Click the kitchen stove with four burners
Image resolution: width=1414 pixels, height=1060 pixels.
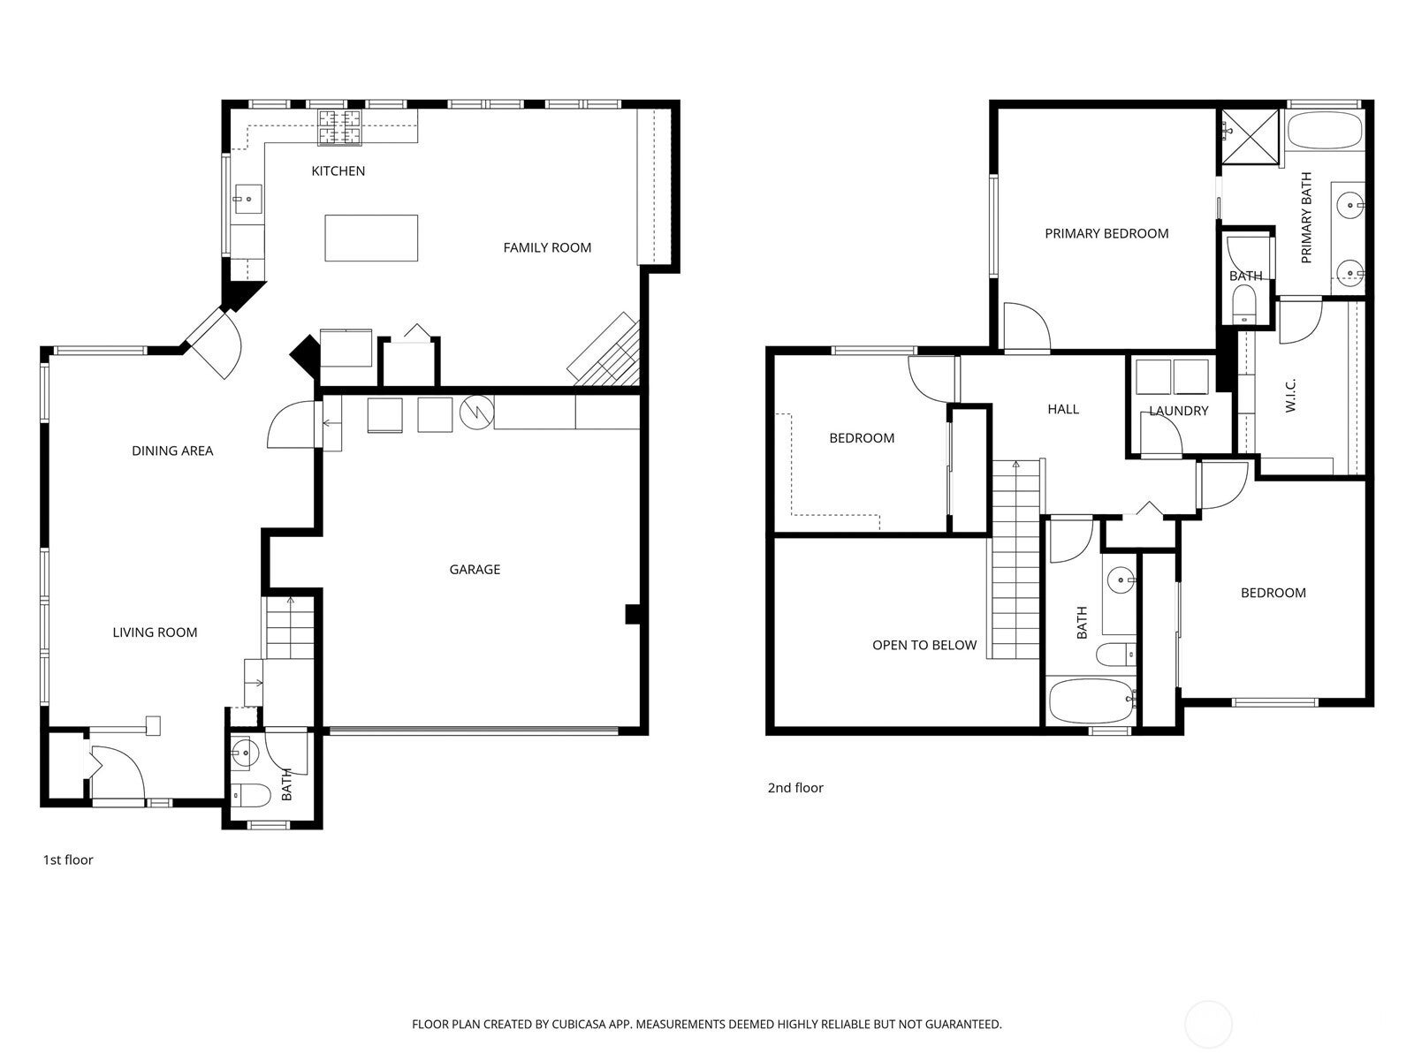pos(338,126)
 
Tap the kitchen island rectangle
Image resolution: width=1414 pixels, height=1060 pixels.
pos(371,238)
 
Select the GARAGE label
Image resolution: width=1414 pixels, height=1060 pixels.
pos(475,570)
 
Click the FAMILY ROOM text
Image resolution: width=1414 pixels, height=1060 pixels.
pos(547,248)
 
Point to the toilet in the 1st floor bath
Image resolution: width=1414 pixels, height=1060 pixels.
pos(251,796)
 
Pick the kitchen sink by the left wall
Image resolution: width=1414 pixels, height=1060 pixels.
pos(247,199)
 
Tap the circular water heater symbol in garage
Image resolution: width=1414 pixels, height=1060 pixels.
pos(476,412)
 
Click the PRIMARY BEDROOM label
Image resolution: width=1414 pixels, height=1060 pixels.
pos(1106,233)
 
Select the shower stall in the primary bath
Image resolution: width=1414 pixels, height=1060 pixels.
pos(1251,136)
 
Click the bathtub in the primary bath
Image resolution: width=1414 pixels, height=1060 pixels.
pos(1325,130)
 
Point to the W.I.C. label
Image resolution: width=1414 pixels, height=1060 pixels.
pos(1290,396)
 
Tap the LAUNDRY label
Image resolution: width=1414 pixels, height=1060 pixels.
pos(1179,411)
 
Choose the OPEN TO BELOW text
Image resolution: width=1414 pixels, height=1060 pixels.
pos(924,646)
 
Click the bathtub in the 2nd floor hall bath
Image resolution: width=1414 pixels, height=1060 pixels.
pos(1091,700)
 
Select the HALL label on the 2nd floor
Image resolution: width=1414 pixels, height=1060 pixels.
pos(1063,409)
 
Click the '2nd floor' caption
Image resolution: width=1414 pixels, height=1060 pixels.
pos(795,788)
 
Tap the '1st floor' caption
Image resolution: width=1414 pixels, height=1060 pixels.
pos(68,859)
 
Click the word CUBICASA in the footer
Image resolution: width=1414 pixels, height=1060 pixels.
pos(579,1024)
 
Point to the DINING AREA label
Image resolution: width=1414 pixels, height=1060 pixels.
pos(172,451)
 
